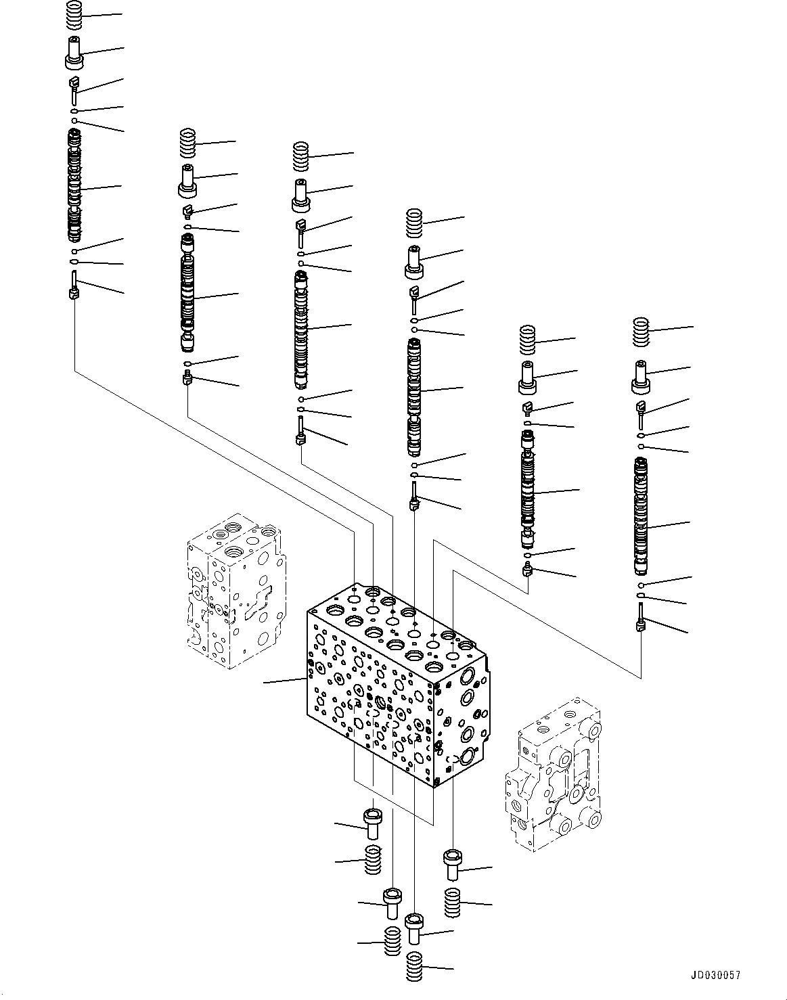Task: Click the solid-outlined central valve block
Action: click(x=396, y=683)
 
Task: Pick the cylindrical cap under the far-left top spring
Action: click(x=74, y=53)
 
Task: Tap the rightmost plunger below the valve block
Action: click(x=452, y=865)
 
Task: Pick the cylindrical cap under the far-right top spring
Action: click(x=641, y=376)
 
